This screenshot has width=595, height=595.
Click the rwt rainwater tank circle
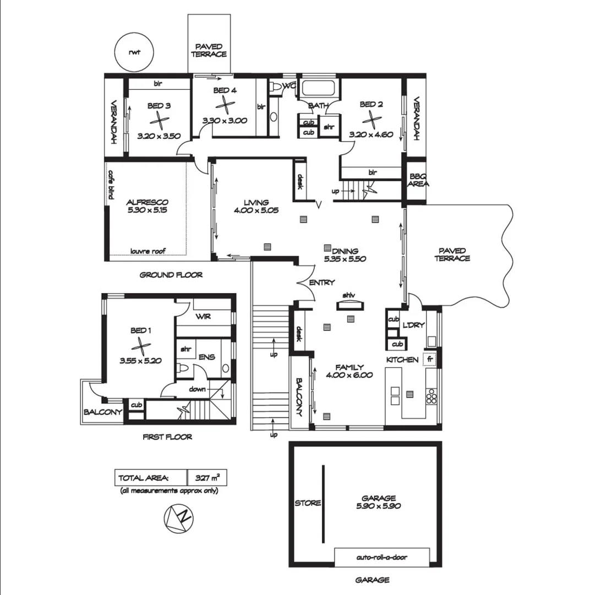coord(133,52)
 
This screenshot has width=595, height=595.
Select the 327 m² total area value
coord(207,477)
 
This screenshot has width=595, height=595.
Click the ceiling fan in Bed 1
coord(141,346)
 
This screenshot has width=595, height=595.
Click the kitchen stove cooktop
coord(432,396)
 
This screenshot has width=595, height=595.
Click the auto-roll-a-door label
coord(382,557)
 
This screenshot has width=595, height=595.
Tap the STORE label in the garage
coord(308,503)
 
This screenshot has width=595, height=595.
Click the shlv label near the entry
coord(348,295)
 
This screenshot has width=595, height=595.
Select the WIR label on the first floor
coord(203,317)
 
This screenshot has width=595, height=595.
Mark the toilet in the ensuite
coord(184,368)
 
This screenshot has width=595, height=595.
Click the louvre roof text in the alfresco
coord(148,251)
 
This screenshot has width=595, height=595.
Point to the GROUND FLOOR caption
coord(171,275)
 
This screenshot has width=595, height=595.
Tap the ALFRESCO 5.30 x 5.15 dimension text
coord(146,210)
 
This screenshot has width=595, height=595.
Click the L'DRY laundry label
coord(414,325)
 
